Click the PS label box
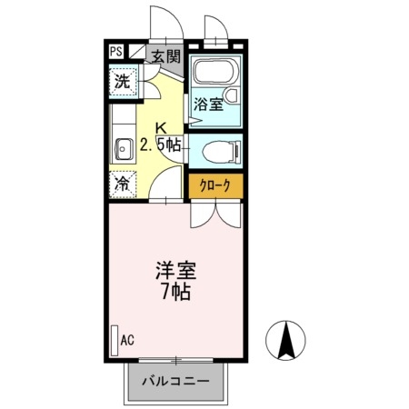[116, 51]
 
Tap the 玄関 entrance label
[166, 56]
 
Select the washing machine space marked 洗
[123, 82]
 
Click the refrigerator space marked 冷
[123, 185]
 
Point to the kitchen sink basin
[123, 149]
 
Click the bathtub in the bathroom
[216, 72]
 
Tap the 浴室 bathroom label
[209, 105]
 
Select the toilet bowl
[219, 151]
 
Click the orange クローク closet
[215, 185]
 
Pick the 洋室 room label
[176, 270]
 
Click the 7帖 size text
[176, 292]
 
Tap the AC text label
[127, 340]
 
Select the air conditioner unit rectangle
[115, 341]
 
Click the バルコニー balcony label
[176, 381]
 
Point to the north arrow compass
[285, 340]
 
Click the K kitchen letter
[161, 128]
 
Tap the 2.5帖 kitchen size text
[161, 145]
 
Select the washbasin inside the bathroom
[232, 95]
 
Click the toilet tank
[238, 151]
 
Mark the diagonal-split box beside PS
[136, 51]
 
